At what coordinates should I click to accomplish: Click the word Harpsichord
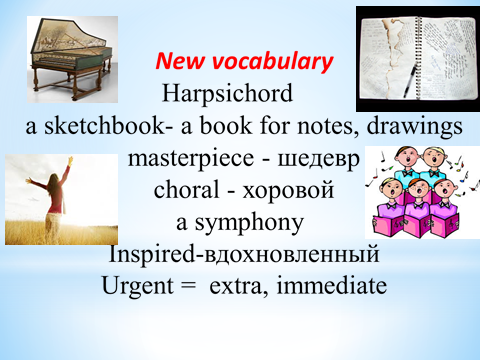tap(227, 93)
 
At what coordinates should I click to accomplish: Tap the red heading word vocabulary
tap(272, 62)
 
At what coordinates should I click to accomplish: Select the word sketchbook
tap(105, 126)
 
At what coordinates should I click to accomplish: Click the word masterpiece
tap(191, 158)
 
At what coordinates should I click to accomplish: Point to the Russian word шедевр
tap(318, 160)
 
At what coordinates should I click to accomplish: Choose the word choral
tap(186, 189)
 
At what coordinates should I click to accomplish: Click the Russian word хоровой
tap(288, 190)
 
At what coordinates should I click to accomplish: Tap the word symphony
tap(249, 223)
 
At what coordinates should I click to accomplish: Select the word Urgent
tap(138, 287)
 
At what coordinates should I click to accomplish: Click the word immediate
tap(332, 286)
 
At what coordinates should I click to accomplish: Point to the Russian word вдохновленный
tap(291, 255)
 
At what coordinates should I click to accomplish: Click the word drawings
tap(415, 127)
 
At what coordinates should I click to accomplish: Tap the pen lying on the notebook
tap(410, 81)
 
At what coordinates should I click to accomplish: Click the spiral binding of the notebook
tap(417, 57)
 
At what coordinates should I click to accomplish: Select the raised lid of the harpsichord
tap(68, 37)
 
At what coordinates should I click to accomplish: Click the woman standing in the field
tap(53, 200)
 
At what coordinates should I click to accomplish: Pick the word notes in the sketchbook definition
tap(327, 127)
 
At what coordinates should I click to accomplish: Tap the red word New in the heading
tap(180, 61)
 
